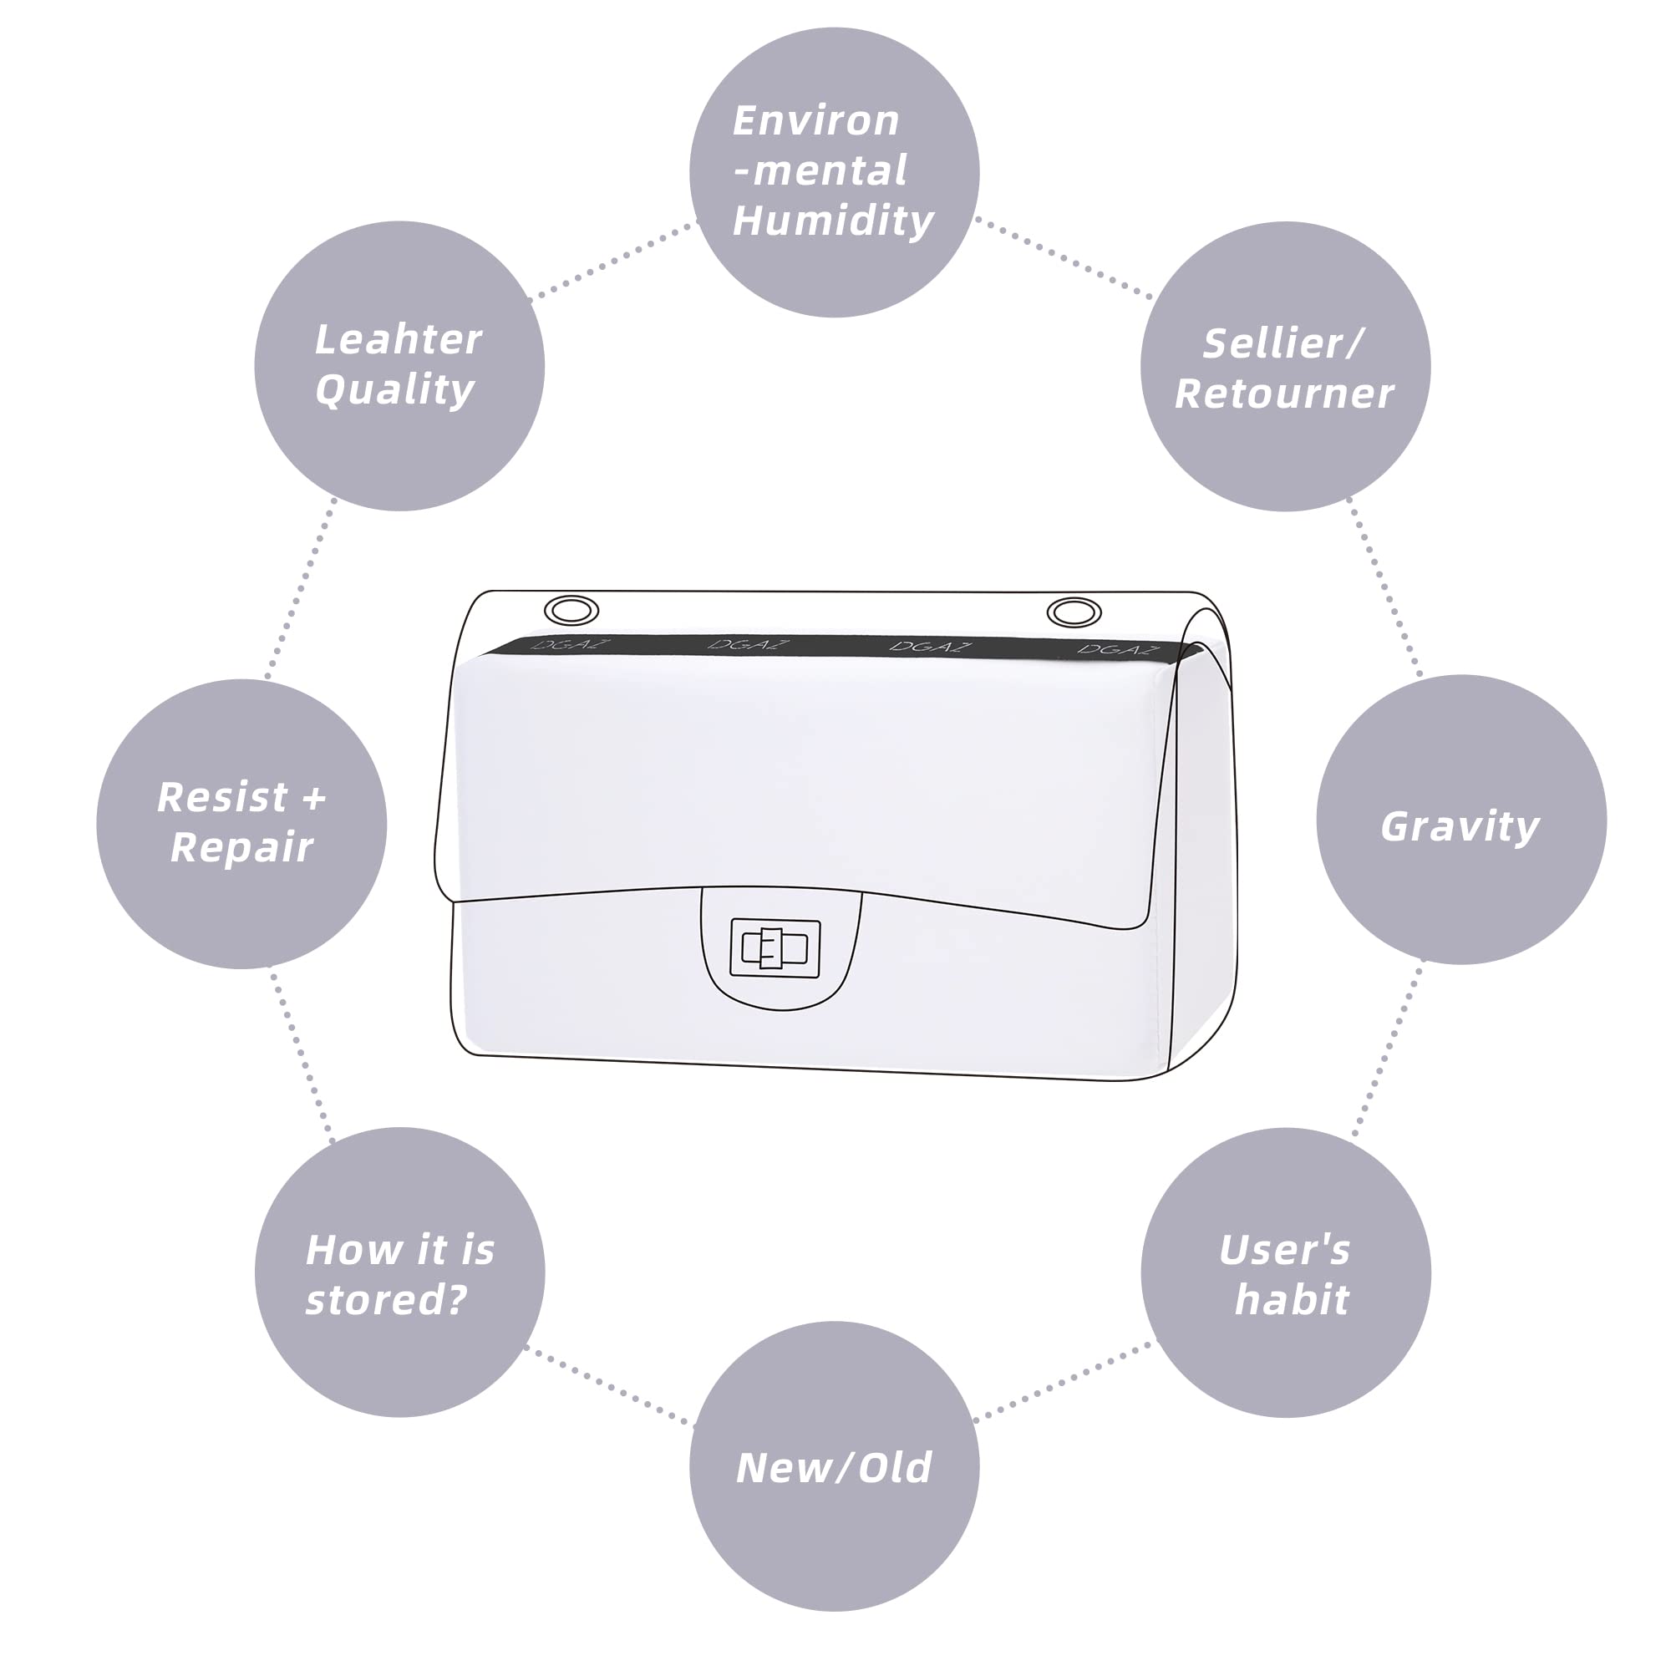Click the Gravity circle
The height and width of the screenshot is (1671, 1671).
pyautogui.click(x=1460, y=820)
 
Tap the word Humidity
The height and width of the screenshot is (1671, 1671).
pyautogui.click(x=833, y=221)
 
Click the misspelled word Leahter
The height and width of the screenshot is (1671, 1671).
pyautogui.click(x=398, y=339)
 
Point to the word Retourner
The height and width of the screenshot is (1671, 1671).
pyautogui.click(x=1283, y=394)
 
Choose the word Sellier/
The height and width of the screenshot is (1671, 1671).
pyautogui.click(x=1283, y=344)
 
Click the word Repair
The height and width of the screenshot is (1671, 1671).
pyautogui.click(x=241, y=847)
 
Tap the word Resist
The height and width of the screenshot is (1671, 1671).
pyautogui.click(x=221, y=797)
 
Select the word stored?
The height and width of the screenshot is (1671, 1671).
pyautogui.click(x=387, y=1299)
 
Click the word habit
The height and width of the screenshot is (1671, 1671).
pyautogui.click(x=1292, y=1299)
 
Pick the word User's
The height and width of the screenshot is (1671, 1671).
pyautogui.click(x=1284, y=1250)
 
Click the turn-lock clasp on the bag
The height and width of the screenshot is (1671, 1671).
pyautogui.click(x=775, y=948)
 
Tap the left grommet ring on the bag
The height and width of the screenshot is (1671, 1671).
pyautogui.click(x=571, y=611)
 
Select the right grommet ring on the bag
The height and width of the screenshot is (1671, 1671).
pyautogui.click(x=1074, y=612)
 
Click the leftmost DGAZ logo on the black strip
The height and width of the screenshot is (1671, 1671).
pyautogui.click(x=571, y=645)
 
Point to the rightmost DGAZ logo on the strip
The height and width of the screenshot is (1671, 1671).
pyautogui.click(x=1115, y=648)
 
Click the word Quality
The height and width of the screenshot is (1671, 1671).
pyautogui.click(x=394, y=389)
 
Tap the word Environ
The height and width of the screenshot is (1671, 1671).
pyautogui.click(x=815, y=120)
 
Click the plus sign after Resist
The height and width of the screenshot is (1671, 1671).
pyautogui.click(x=315, y=797)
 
